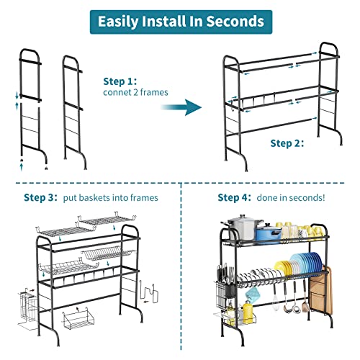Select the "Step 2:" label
pyautogui.click(x=287, y=143)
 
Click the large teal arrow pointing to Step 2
pyautogui.click(x=179, y=108)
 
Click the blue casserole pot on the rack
pyautogui.click(x=268, y=233)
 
